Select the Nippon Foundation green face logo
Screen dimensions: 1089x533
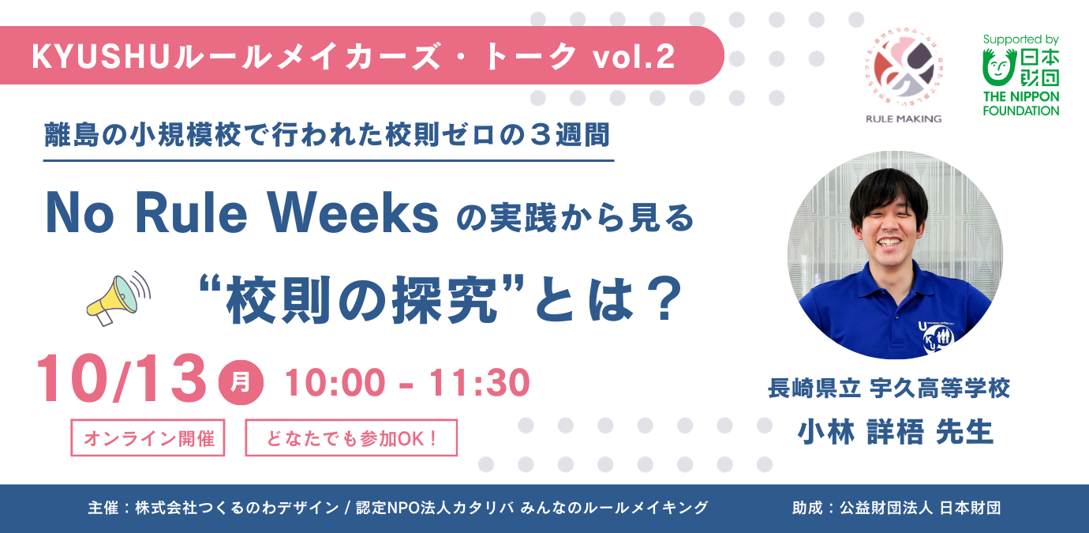click(x=998, y=68)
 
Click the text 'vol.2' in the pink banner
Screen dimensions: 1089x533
click(x=634, y=57)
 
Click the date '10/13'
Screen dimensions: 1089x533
click(x=122, y=378)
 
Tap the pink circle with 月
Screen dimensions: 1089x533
click(x=241, y=382)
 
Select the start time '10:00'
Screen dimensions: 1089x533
click(x=335, y=383)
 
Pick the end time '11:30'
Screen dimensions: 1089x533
click(x=478, y=383)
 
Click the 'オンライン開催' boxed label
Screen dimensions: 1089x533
click(x=148, y=437)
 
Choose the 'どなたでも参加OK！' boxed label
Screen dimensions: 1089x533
click(x=351, y=437)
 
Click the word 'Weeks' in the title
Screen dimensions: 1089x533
click(x=354, y=213)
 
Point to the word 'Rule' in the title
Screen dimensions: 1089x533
click(x=191, y=213)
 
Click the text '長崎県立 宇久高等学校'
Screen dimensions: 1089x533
click(x=889, y=388)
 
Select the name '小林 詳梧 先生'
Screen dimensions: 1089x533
click(x=896, y=432)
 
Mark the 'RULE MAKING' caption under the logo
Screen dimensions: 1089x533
click(x=904, y=118)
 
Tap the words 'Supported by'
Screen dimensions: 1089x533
click(x=1020, y=40)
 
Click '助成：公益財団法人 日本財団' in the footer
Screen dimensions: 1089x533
click(x=896, y=508)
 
